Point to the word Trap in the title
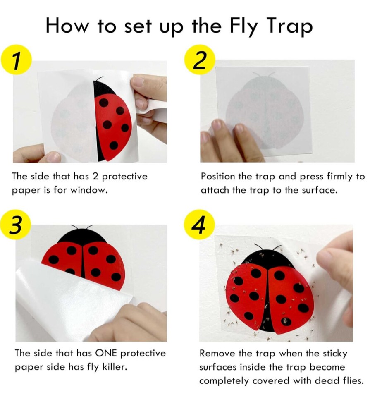coord(290,26)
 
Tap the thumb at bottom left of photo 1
coord(48,156)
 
